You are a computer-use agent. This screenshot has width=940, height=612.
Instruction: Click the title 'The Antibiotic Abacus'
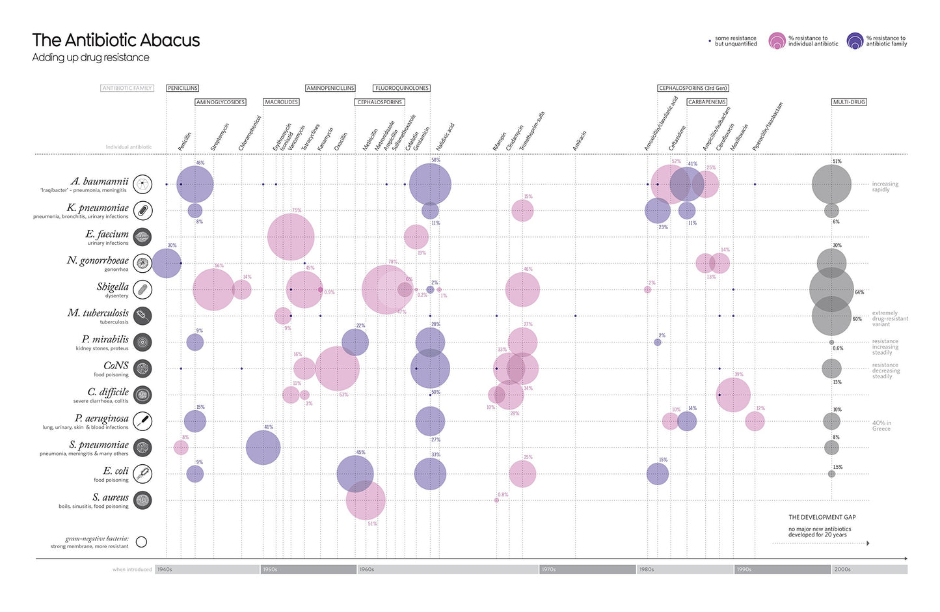[116, 40]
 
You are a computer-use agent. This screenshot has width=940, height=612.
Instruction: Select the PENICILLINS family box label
[182, 88]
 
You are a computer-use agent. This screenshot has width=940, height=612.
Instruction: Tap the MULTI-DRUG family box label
[849, 102]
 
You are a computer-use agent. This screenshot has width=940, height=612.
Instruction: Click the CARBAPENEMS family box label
[706, 102]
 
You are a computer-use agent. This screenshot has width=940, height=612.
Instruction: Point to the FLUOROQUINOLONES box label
[401, 88]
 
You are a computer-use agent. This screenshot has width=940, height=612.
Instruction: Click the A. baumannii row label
[100, 182]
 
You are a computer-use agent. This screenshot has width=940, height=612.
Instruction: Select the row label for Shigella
[113, 287]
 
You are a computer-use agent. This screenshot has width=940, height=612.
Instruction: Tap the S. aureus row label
[111, 497]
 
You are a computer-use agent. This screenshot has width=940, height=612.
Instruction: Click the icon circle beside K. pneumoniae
[142, 210]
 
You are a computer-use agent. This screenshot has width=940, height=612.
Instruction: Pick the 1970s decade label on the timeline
[548, 570]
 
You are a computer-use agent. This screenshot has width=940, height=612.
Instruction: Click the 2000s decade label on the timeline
[842, 570]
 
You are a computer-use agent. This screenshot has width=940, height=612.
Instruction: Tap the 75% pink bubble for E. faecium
[291, 237]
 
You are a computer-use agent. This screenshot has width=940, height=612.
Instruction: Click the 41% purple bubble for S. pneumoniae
[263, 447]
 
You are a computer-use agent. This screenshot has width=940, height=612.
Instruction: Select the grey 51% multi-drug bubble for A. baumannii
[831, 184]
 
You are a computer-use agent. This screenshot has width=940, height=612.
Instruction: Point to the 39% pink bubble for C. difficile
[733, 395]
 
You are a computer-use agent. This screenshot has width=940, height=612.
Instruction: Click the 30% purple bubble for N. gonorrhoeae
[166, 263]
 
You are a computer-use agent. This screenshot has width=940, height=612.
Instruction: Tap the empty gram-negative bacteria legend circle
[141, 542]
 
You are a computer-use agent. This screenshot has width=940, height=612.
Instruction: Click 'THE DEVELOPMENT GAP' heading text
[822, 517]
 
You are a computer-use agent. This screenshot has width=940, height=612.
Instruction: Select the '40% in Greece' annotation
[881, 426]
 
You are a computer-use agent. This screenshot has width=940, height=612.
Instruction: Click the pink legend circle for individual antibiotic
[777, 42]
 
